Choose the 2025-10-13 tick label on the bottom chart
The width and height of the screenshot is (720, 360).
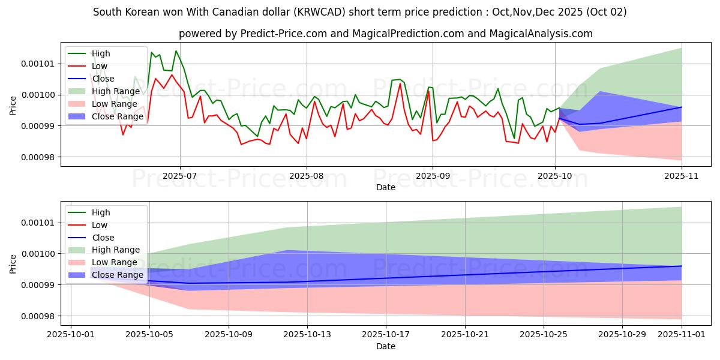click(307, 334)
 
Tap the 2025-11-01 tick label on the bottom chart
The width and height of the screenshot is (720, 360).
click(682, 334)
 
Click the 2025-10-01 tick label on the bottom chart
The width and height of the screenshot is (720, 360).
click(71, 334)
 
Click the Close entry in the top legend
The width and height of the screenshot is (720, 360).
click(103, 79)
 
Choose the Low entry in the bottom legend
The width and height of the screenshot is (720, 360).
click(100, 225)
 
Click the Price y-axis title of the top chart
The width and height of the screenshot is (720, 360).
click(13, 106)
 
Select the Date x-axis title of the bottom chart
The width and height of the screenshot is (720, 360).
click(386, 346)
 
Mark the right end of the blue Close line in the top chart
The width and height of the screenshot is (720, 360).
click(682, 107)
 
